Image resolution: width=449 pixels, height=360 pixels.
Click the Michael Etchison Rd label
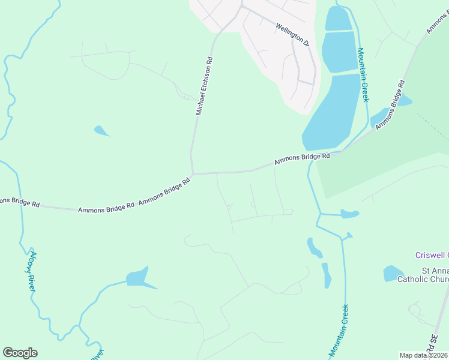click(x=205, y=86)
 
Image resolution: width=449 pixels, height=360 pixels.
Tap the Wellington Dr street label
click(x=292, y=35)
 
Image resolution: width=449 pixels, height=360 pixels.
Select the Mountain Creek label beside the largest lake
click(x=363, y=75)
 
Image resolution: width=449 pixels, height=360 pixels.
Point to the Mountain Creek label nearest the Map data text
click(x=339, y=329)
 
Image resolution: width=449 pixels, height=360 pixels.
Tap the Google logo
click(x=20, y=353)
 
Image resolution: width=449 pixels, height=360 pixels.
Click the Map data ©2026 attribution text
click(x=424, y=355)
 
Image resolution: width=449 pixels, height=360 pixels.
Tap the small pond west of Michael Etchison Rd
click(x=101, y=130)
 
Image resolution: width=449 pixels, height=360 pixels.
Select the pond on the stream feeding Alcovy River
click(x=138, y=278)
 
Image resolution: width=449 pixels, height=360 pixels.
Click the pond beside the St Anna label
click(x=394, y=274)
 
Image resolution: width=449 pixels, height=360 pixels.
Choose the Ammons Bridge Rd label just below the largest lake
click(x=302, y=159)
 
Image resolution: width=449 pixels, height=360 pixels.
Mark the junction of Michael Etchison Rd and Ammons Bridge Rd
click(x=192, y=174)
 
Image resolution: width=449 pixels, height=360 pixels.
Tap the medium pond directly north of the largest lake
click(x=340, y=51)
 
